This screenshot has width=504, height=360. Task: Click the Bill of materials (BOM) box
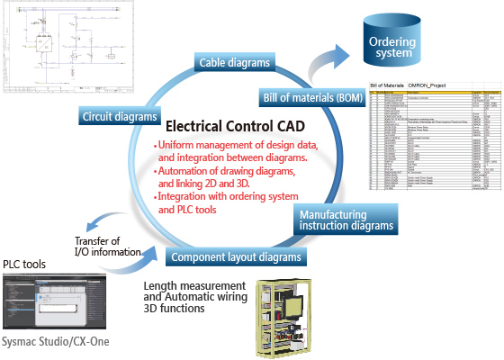click(x=310, y=95)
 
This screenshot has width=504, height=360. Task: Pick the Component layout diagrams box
click(x=236, y=256)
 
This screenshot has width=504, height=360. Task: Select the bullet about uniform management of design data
click(x=236, y=150)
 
